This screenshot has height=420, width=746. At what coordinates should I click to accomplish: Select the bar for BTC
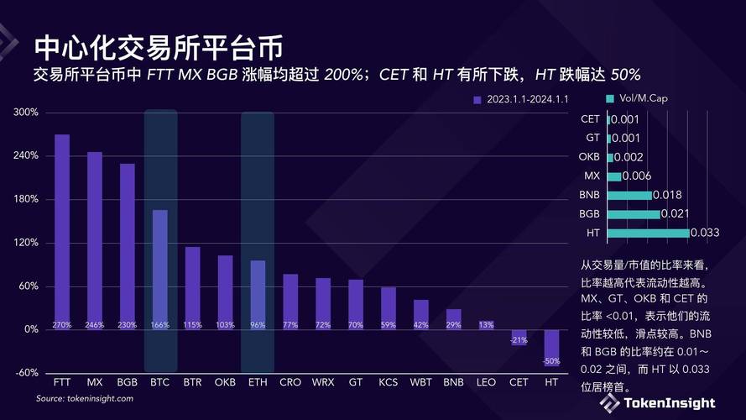(160, 269)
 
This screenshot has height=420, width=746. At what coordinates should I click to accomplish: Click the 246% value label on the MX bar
(95, 324)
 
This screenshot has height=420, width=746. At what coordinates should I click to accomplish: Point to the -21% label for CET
(519, 340)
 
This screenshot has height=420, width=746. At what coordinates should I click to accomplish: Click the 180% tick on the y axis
(27, 199)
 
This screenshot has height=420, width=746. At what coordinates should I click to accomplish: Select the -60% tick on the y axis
(27, 373)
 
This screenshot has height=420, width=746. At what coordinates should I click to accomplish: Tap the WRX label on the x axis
(323, 382)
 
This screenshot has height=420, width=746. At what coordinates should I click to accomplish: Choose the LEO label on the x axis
(487, 382)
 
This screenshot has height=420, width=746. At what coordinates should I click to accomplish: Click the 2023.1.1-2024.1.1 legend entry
(520, 100)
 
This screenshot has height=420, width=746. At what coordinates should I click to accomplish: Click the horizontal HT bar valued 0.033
(648, 233)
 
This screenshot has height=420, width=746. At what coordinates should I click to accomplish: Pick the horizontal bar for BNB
(629, 195)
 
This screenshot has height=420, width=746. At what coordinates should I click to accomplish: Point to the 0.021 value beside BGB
(676, 213)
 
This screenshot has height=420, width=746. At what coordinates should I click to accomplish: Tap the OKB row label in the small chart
(589, 157)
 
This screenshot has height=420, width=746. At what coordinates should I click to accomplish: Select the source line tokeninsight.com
(84, 398)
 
